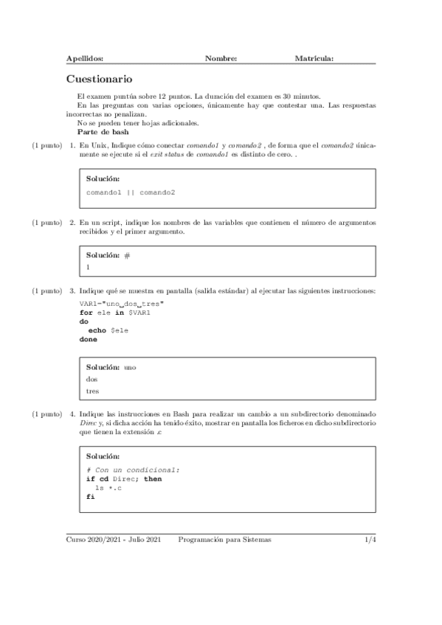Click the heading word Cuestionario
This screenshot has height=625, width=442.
pyautogui.click(x=99, y=78)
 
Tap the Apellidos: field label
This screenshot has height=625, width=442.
pyautogui.click(x=85, y=57)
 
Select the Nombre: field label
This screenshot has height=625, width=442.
pyautogui.click(x=221, y=57)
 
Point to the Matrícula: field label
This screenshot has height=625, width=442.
pyautogui.click(x=314, y=57)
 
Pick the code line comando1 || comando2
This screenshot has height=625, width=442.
pyautogui.click(x=131, y=192)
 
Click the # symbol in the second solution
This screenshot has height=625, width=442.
pyautogui.click(x=127, y=254)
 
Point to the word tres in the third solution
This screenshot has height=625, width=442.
pyautogui.click(x=93, y=391)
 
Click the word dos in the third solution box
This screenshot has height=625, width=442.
pyautogui.click(x=92, y=379)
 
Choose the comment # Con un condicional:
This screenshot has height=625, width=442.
pyautogui.click(x=133, y=469)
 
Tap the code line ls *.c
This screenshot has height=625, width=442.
pyautogui.click(x=106, y=488)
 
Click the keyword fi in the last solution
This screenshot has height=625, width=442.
pyautogui.click(x=90, y=497)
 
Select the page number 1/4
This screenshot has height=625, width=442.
pyautogui.click(x=370, y=540)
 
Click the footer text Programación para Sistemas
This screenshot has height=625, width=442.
pyautogui.click(x=224, y=540)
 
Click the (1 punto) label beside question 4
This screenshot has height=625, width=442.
pyautogui.click(x=46, y=415)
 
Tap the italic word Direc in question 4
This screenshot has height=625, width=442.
pyautogui.click(x=89, y=424)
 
